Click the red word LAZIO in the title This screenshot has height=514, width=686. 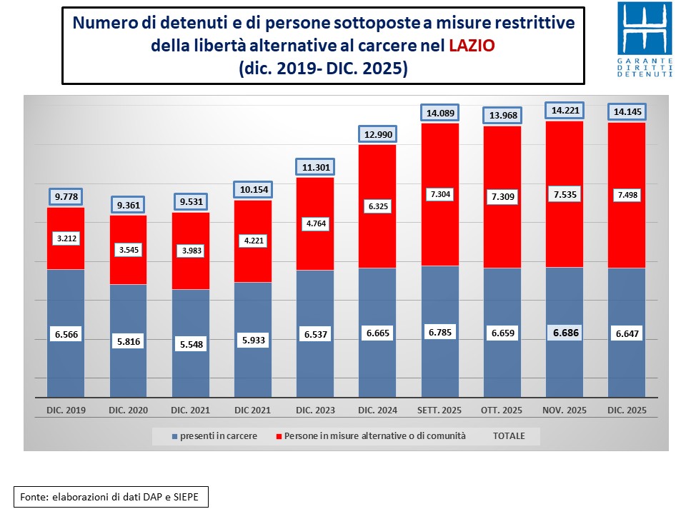tap(472, 46)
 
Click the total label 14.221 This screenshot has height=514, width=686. tap(565, 110)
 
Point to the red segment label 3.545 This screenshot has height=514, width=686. tap(128, 250)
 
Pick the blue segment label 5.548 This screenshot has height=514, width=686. tap(191, 344)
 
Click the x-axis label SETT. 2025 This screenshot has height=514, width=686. tap(439, 410)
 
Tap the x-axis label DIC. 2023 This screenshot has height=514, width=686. tap(315, 410)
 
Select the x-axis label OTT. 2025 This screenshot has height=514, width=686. tap(502, 410)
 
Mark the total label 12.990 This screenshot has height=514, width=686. tap(377, 134)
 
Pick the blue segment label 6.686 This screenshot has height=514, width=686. tap(565, 332)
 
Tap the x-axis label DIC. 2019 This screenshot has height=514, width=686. tap(66, 410)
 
